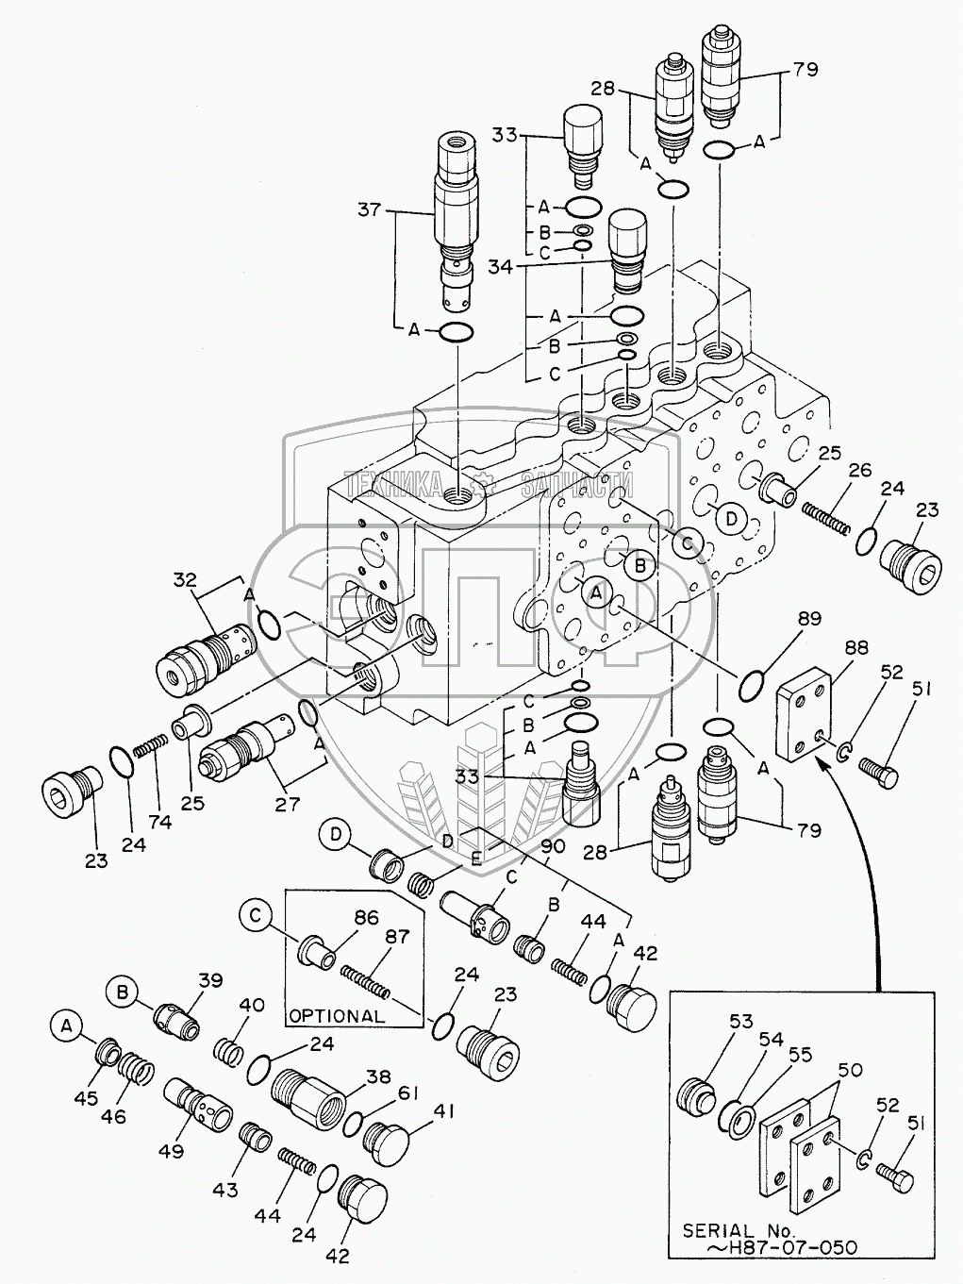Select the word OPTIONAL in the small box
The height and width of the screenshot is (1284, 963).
pos(337,1016)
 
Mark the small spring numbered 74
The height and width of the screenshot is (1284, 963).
pos(150,751)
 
